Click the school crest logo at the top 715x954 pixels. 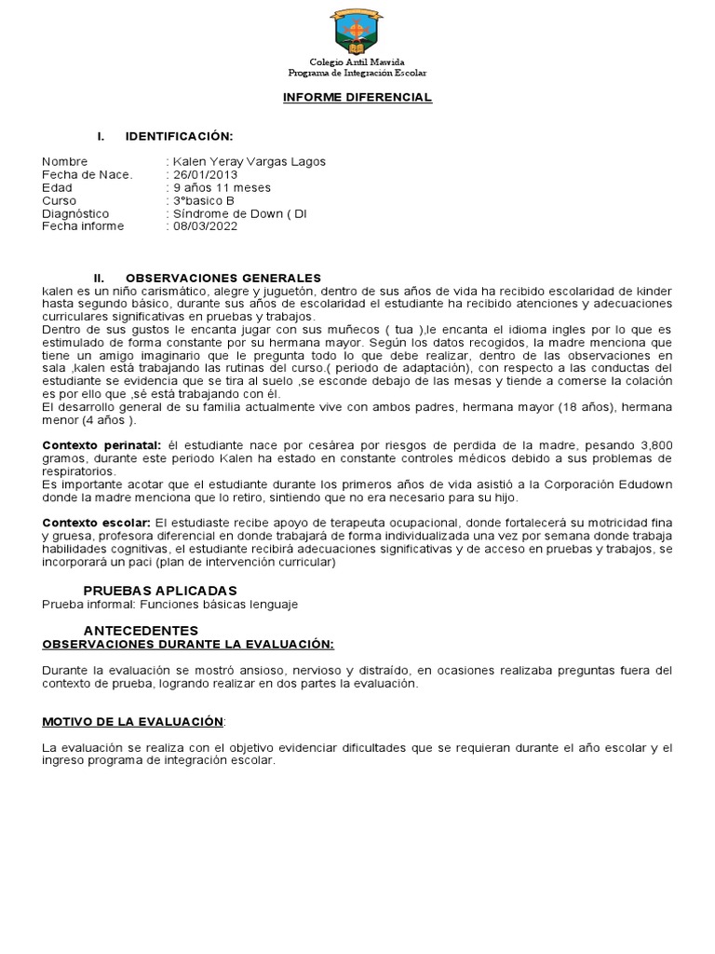[357, 31]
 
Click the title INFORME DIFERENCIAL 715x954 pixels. [357, 98]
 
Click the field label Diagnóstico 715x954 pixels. [75, 214]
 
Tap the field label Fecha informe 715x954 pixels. [83, 226]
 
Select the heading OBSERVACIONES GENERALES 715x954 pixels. [223, 279]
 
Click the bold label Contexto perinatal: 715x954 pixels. [101, 446]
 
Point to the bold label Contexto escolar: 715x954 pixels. [96, 524]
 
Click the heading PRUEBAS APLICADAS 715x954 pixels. [160, 591]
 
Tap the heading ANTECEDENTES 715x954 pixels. [141, 631]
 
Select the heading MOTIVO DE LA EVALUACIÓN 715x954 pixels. [133, 721]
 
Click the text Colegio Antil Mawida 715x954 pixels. [357, 61]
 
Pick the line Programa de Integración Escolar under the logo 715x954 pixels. [357, 73]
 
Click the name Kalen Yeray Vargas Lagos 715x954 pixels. [249, 162]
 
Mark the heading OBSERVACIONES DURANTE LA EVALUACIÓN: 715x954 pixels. [188, 644]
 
